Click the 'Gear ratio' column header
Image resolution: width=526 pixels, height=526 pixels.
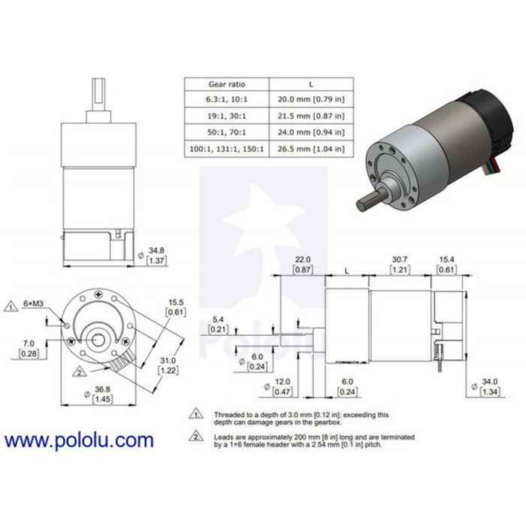pos(226,84)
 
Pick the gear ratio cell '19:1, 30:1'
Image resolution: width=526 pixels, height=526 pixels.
pos(226,116)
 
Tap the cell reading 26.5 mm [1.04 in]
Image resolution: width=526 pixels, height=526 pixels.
pos(310,149)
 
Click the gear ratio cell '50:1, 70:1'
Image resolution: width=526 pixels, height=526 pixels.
pos(226,133)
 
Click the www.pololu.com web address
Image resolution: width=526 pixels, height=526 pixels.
pos(79,441)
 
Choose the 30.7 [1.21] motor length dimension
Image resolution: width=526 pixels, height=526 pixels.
pos(400,264)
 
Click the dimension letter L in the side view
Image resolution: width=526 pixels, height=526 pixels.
pos(346,268)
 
